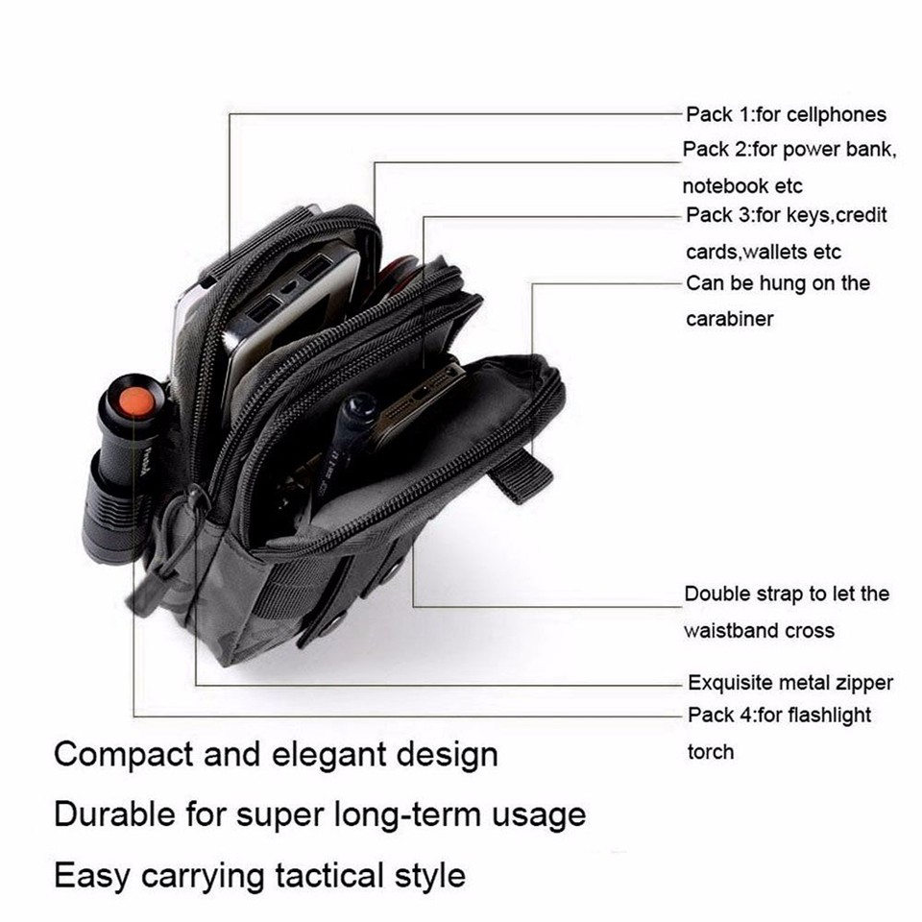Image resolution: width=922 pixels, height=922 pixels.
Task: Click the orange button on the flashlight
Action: pos(137,402)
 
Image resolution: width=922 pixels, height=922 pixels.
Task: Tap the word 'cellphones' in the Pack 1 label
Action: pos(836,115)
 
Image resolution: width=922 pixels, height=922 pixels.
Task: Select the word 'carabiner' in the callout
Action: pos(729,319)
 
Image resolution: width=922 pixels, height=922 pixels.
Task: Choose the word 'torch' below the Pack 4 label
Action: pos(710,752)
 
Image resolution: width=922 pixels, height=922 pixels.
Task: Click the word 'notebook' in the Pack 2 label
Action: pos(724,185)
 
